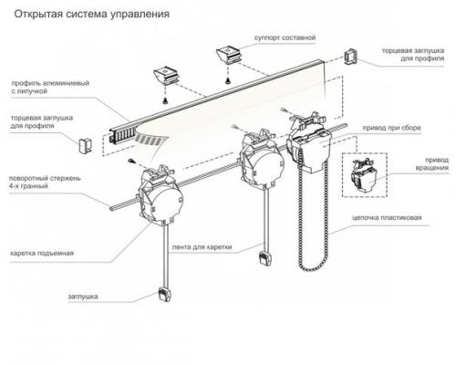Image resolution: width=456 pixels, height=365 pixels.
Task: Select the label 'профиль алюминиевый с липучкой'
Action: pos(49,86)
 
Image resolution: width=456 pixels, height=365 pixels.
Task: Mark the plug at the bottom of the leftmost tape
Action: pos(161,294)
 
